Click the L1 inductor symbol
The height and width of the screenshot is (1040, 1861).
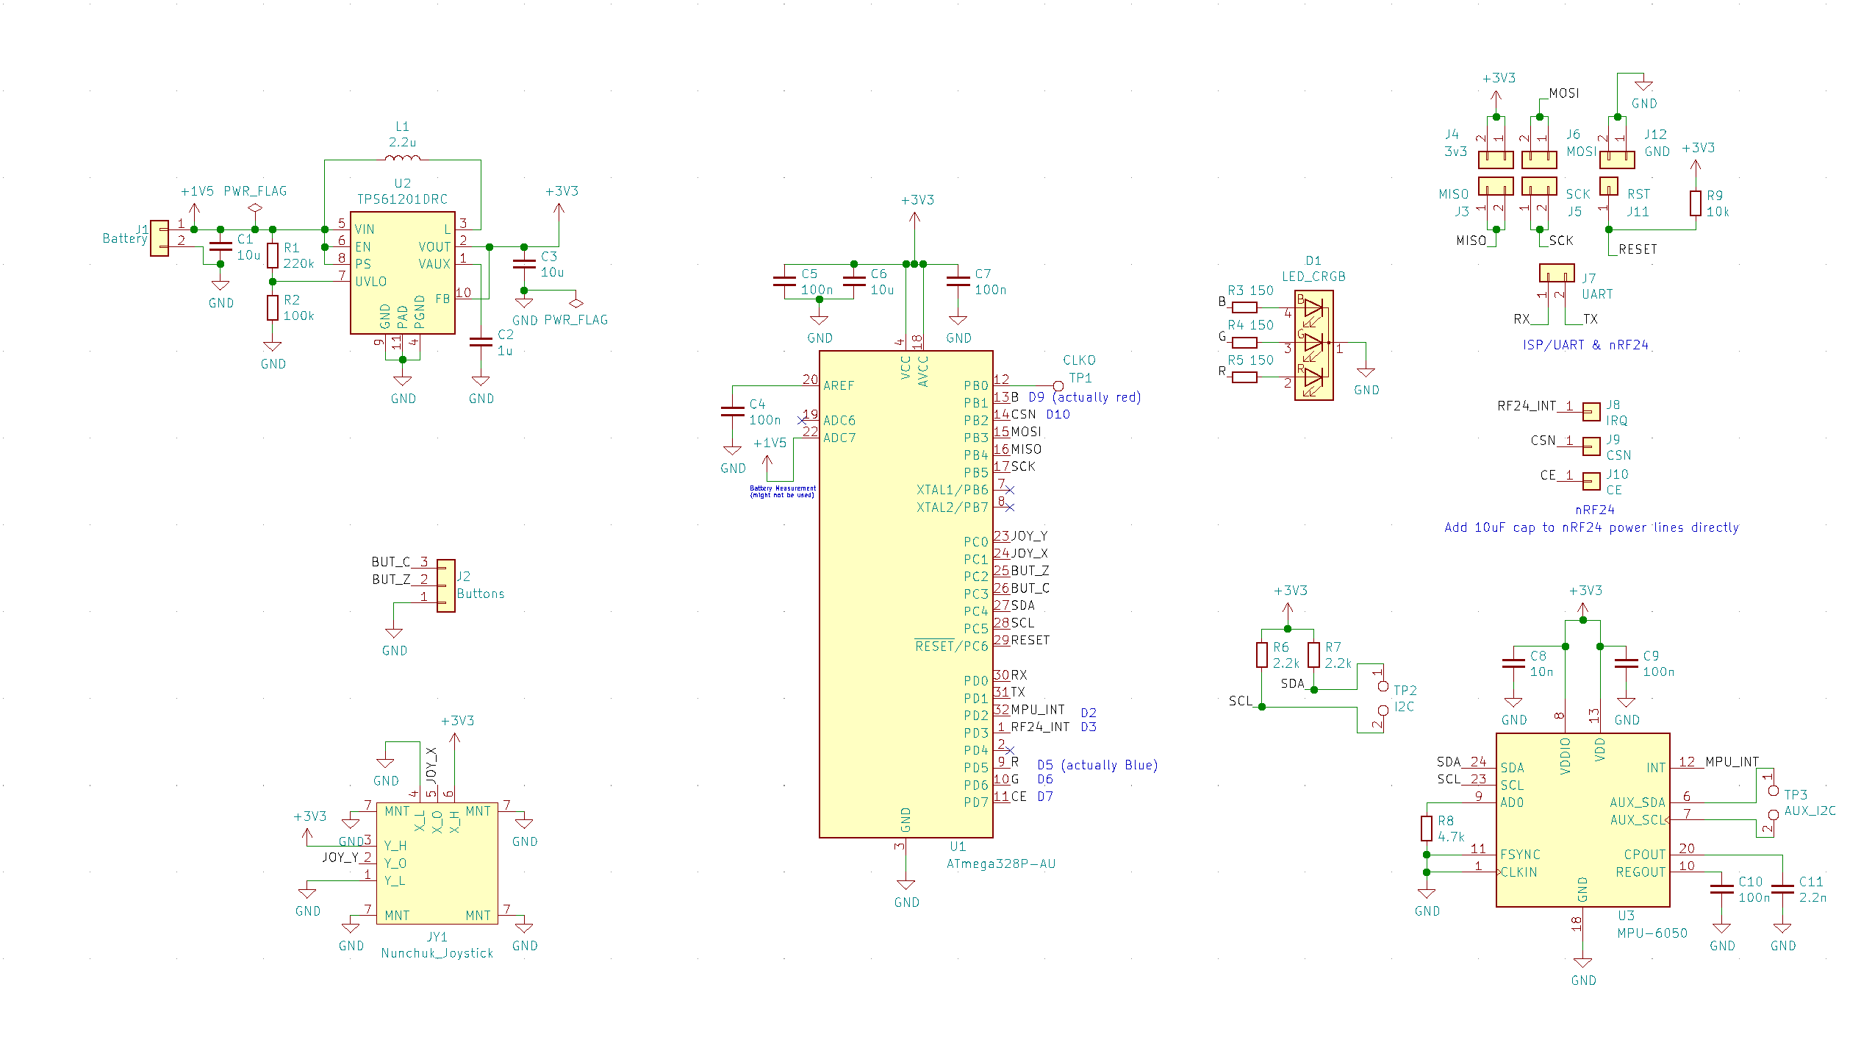402,157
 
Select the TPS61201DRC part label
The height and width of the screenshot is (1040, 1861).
402,199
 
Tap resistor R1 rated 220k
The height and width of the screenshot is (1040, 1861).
273,255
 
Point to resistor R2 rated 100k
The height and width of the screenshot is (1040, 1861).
273,308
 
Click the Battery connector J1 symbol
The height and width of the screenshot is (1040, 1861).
159,238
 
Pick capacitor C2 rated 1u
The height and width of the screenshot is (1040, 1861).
481,342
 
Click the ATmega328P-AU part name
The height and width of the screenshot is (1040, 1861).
1000,864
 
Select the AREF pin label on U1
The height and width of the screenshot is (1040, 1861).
839,385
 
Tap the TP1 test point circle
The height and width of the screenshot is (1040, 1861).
1058,385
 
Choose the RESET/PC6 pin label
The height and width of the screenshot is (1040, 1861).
951,647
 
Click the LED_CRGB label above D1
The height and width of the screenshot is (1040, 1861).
1313,277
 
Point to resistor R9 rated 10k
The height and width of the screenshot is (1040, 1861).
1695,203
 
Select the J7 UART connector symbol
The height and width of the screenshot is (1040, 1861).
1557,273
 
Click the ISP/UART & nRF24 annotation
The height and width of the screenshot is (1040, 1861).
1585,345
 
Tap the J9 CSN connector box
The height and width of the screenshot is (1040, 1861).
1591,446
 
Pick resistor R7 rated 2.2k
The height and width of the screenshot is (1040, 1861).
1313,655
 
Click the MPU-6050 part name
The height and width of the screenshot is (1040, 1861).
1652,933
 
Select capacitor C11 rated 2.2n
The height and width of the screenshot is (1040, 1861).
1782,889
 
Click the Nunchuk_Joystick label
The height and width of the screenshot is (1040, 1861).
437,953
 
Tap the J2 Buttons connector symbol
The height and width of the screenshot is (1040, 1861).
445,585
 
